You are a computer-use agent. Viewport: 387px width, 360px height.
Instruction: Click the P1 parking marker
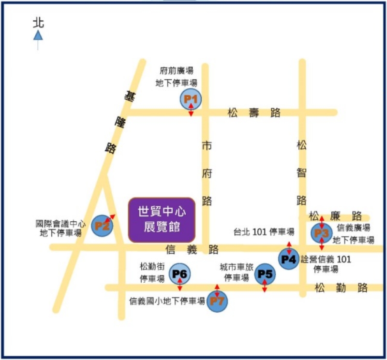tap(191, 100)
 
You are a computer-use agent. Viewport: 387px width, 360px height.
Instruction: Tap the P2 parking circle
tap(103, 225)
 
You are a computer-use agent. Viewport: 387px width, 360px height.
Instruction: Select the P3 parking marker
tap(321, 233)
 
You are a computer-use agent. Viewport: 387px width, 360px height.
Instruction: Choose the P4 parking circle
tap(289, 259)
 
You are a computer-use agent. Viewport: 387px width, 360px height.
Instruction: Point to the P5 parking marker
tap(265, 274)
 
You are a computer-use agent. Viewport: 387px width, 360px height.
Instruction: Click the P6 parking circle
tap(179, 274)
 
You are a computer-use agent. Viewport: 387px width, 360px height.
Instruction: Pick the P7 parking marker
tap(217, 302)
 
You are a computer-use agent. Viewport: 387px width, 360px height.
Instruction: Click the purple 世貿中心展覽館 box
tap(162, 219)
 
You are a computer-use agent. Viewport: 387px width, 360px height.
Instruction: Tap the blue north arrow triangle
tap(38, 35)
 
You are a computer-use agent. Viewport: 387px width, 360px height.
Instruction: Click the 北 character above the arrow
tap(38, 23)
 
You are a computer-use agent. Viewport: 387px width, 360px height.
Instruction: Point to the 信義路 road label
tap(192, 249)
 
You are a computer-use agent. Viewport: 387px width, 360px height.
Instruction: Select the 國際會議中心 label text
tap(61, 224)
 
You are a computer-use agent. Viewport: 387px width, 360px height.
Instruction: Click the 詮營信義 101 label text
tap(326, 259)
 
